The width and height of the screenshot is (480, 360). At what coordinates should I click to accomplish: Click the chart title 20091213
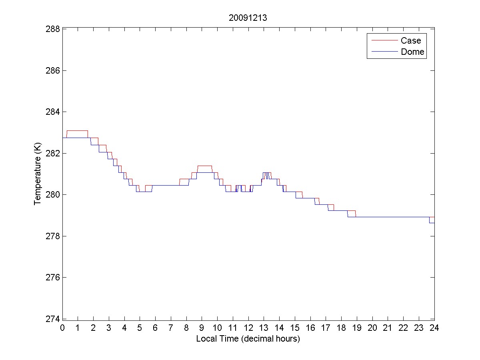[248, 18]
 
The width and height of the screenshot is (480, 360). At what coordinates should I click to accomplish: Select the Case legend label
[411, 40]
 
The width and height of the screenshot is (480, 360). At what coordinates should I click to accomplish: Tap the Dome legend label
[412, 52]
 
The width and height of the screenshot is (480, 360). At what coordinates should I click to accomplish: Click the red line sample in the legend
[384, 40]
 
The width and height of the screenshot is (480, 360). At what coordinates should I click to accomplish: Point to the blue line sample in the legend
[384, 52]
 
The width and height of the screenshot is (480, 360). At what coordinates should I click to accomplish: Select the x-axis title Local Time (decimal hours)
[248, 339]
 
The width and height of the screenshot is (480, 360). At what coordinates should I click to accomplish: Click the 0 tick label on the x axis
[62, 328]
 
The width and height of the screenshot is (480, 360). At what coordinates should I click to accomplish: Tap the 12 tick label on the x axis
[248, 328]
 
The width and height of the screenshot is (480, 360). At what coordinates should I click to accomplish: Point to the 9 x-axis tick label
[202, 328]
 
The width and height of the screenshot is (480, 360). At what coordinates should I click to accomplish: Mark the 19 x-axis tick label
[357, 328]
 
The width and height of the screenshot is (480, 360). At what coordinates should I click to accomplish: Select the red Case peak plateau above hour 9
[204, 166]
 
